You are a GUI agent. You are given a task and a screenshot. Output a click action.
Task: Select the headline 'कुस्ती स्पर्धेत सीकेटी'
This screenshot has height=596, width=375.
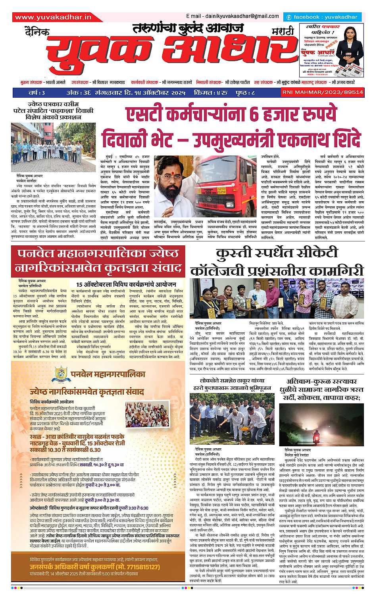[x=276, y=253]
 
